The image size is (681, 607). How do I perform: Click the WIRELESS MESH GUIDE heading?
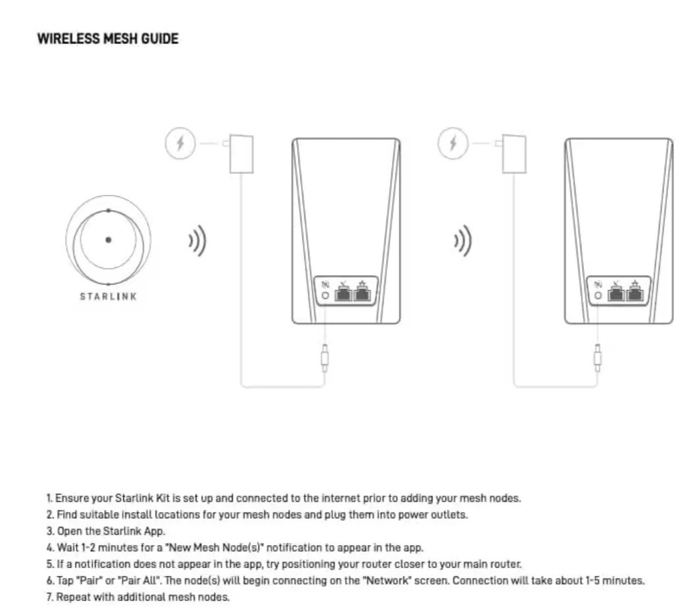click(x=107, y=39)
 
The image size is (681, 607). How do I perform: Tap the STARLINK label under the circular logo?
click(x=108, y=296)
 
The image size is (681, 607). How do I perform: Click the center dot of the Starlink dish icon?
click(x=108, y=240)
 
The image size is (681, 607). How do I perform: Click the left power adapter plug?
click(x=241, y=153)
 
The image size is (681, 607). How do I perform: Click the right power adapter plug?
click(x=514, y=153)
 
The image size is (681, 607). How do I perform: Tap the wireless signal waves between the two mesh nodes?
click(x=464, y=242)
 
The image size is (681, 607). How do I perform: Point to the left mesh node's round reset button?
click(x=325, y=296)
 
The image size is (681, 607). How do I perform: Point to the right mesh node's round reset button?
click(x=597, y=296)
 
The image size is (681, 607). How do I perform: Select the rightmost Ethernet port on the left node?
click(x=362, y=292)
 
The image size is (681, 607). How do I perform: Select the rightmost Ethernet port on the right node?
click(x=634, y=292)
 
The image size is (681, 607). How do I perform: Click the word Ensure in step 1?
click(x=70, y=498)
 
